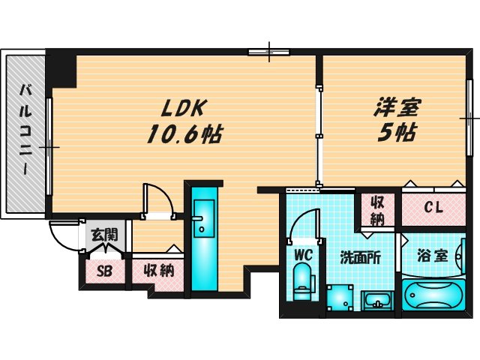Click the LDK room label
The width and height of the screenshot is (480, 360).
point(178,108)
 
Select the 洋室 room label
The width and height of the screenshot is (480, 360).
point(397,108)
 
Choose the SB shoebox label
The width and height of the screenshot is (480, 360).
point(104,270)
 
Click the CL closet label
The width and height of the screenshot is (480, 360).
point(433,208)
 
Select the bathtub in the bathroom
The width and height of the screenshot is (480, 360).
point(433,296)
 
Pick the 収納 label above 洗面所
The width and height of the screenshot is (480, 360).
point(377,210)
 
